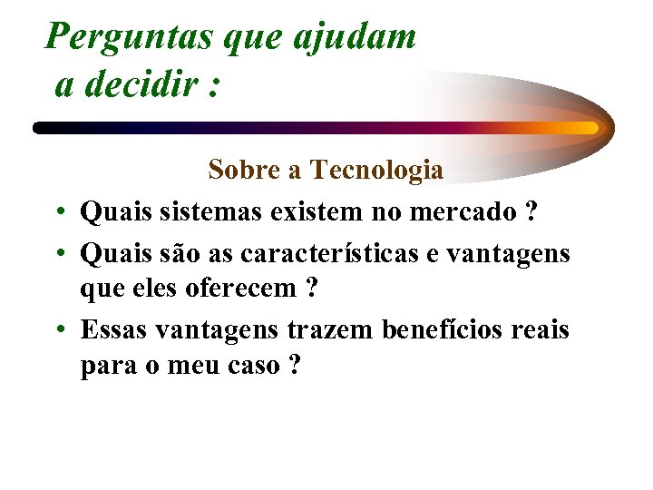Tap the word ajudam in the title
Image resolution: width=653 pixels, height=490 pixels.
356,37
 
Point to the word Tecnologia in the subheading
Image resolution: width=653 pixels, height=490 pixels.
376,170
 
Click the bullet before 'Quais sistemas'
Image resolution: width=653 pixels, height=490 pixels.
57,214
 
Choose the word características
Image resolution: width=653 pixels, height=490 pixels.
350,253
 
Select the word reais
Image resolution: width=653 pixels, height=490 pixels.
541,329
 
